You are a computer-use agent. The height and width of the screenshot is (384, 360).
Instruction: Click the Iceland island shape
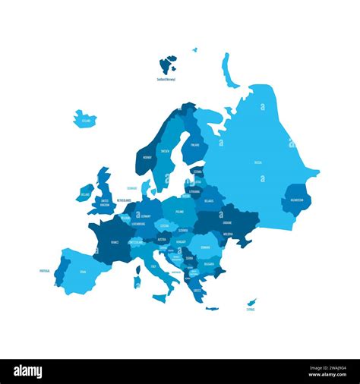84,119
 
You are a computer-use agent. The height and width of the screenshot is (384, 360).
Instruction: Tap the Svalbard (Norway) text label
166,79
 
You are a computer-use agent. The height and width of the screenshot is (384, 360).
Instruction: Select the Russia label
258,162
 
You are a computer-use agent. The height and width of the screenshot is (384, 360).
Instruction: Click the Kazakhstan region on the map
296,200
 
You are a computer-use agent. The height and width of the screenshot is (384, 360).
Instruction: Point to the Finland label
195,144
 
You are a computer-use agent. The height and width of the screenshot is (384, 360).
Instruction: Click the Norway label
147,158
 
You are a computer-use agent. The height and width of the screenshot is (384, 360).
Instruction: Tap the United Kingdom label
105,201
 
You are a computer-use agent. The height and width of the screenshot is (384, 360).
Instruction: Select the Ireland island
84,194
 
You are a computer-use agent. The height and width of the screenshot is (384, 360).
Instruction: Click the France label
115,242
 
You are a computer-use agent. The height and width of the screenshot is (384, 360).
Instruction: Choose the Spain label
82,271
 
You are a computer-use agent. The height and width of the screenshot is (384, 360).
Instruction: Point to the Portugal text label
45,269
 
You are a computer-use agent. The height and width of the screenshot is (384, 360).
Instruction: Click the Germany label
146,216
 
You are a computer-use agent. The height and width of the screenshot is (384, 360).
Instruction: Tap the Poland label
179,212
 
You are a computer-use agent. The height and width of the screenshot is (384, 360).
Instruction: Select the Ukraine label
227,223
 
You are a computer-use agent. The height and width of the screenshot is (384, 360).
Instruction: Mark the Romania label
204,247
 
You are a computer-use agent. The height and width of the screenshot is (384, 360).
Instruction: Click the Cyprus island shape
252,302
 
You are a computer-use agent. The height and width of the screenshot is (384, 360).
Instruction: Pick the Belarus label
210,201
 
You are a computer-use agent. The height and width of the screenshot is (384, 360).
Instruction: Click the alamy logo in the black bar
27,372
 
